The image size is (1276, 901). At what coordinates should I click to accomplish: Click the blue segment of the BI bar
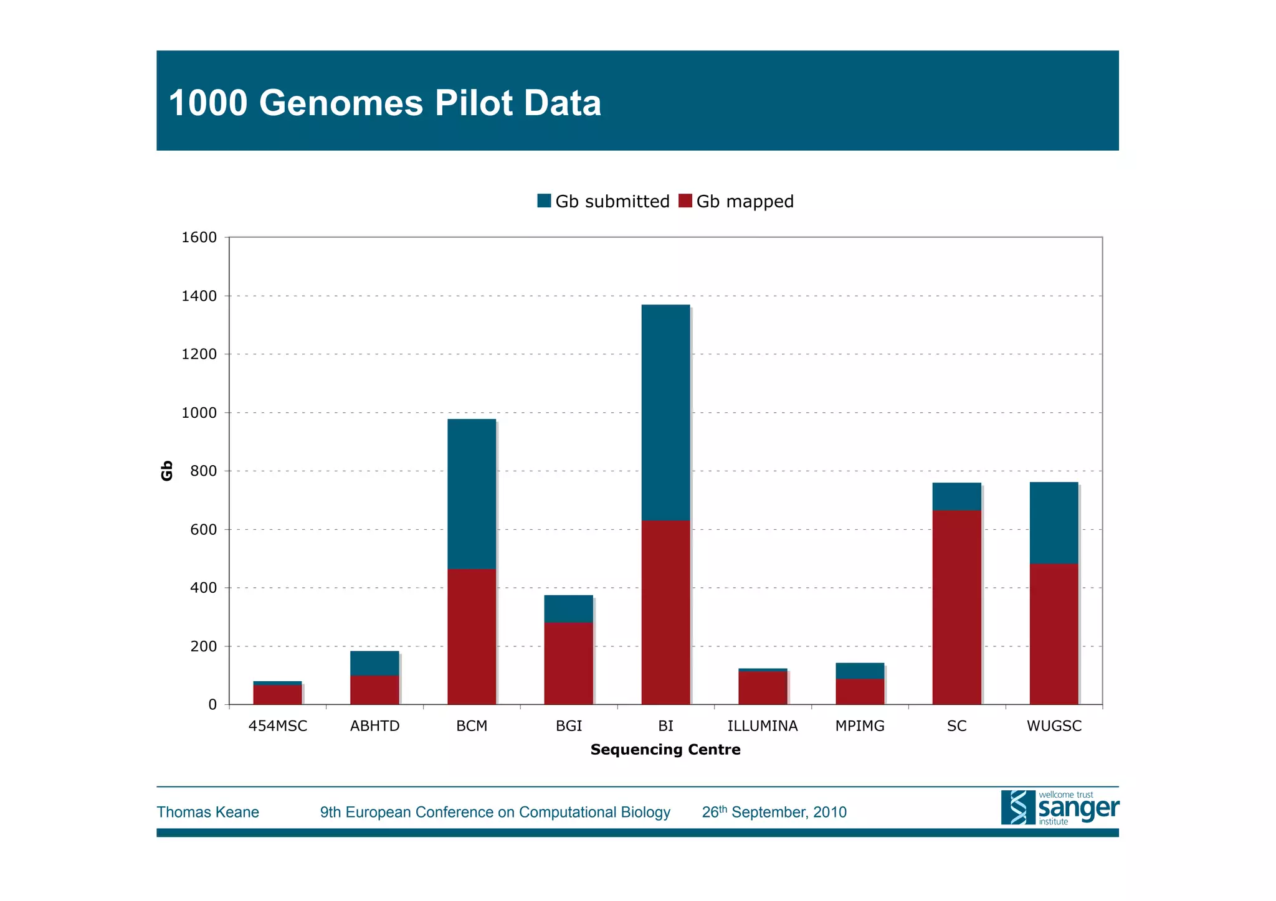[665, 412]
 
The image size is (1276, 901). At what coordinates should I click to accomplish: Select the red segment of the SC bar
[956, 607]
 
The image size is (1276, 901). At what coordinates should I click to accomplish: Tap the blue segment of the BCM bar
[472, 494]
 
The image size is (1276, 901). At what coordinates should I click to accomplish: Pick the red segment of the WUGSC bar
[1054, 634]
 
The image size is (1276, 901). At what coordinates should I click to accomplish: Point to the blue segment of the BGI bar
[568, 609]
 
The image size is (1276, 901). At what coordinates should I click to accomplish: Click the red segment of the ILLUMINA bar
[763, 688]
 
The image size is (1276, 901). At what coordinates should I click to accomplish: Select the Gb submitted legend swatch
[544, 201]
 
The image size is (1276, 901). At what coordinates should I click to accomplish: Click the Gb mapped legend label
[745, 202]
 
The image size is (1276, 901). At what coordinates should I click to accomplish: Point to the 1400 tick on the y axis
[199, 296]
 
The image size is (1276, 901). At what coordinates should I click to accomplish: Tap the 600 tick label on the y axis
[203, 530]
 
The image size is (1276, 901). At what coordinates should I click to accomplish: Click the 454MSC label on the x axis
[278, 726]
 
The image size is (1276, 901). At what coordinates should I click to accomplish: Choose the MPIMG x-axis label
[860, 726]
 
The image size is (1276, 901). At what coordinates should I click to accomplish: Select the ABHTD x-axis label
[374, 726]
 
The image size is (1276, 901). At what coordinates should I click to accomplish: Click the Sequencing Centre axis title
[665, 750]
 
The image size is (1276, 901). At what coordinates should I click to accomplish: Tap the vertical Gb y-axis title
[167, 471]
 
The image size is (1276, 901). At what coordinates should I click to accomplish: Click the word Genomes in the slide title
[341, 103]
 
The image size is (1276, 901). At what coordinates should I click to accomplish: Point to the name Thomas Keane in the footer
[207, 812]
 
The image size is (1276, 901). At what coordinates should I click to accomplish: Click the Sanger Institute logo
[1059, 808]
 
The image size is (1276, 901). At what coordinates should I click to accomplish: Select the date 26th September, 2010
[774, 812]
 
